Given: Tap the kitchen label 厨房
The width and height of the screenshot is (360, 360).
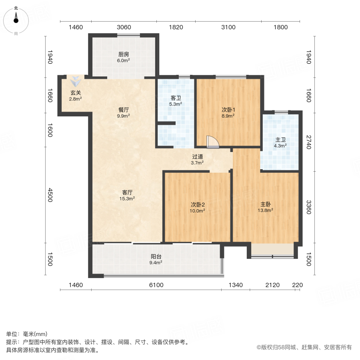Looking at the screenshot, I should pos(123,54).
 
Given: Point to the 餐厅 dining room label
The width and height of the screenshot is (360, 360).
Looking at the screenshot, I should pos(123,110).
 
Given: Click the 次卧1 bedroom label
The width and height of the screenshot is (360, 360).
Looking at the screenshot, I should pos(228,110).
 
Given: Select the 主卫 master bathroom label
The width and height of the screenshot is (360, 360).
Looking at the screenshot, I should pos(280,140).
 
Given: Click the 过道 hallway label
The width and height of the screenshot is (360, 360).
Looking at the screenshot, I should pos(198,157).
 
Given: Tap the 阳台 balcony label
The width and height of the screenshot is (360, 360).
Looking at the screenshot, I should pos(156,257).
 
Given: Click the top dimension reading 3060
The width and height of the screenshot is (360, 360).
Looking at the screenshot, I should pos(124,27).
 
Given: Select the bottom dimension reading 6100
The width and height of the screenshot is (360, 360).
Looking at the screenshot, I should pos(156,285).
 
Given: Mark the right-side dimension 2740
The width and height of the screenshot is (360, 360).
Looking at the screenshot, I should pos(308,142).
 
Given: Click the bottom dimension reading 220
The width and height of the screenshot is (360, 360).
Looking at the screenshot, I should pos(297,285).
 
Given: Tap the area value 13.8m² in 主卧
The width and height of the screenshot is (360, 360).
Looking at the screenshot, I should pos(266,210).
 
